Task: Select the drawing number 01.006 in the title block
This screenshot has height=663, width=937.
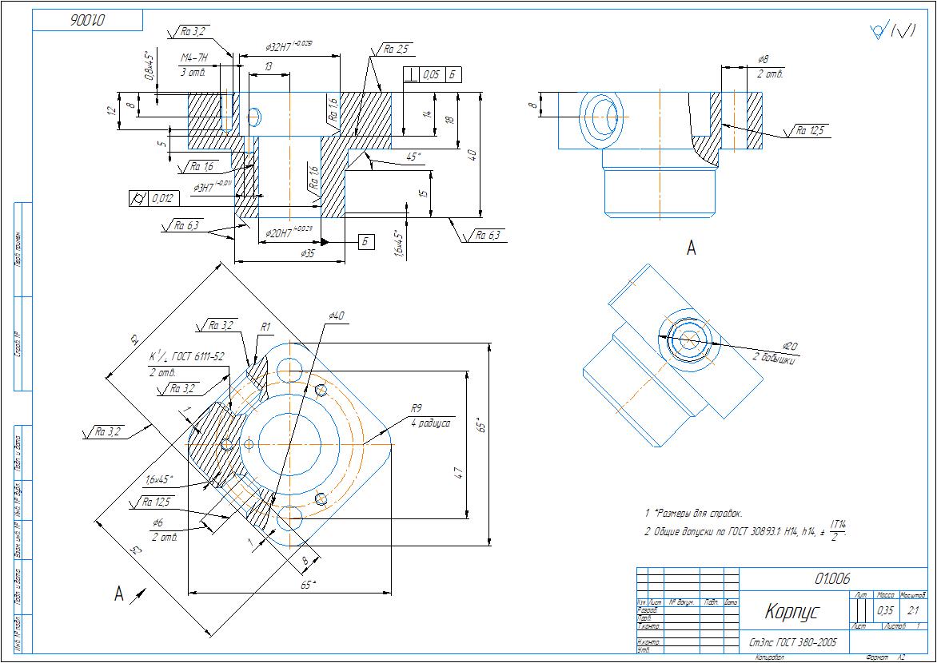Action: point(832,578)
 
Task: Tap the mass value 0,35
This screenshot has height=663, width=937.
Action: point(885,610)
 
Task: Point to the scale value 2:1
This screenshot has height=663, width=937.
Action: point(913,610)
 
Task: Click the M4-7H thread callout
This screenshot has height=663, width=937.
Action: point(193,58)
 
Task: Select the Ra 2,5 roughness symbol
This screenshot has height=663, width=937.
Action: point(394,50)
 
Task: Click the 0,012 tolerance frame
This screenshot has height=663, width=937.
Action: point(160,198)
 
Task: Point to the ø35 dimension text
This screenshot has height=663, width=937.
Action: point(307,253)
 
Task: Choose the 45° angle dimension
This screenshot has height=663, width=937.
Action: point(414,157)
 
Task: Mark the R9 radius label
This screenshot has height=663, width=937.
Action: point(416,409)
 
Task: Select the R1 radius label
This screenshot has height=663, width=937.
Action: point(266,327)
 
